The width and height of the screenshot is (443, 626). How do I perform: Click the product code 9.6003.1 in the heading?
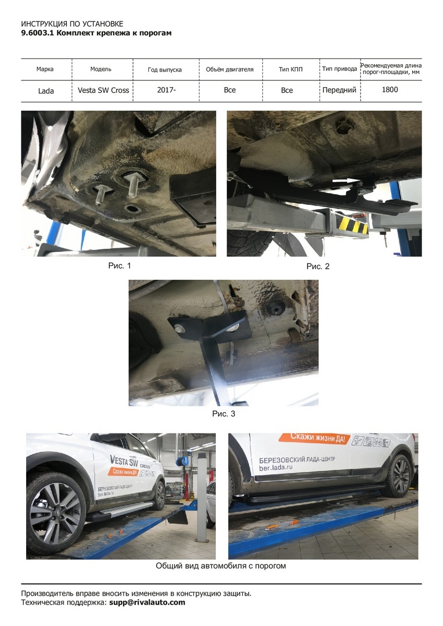point(38,33)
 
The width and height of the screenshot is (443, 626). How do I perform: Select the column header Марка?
point(45,69)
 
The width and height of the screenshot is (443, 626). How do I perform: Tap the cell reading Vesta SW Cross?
point(103,90)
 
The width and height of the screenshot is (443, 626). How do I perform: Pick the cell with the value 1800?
point(390,89)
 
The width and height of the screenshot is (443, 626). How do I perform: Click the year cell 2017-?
point(166,90)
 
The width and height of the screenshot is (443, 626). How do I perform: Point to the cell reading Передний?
point(339,90)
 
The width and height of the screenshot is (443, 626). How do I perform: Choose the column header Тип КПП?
point(290,69)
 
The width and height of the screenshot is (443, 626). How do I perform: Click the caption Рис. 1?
point(120,266)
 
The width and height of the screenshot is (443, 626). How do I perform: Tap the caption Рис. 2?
point(318,267)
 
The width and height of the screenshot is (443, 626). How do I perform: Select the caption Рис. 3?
point(224,414)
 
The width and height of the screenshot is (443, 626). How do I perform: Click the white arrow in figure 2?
point(342,181)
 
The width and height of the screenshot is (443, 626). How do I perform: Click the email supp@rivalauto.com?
point(147,602)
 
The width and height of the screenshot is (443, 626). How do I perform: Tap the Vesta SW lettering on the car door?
point(124,460)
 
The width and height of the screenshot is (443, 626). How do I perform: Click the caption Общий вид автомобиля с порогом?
point(221,566)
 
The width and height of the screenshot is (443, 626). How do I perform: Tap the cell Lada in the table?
point(46,91)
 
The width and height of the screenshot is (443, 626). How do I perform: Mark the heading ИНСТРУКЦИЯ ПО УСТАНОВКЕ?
point(72,24)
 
